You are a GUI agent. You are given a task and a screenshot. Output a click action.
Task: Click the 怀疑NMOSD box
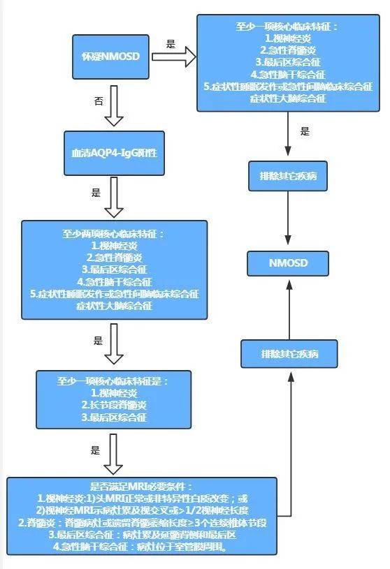[113, 56]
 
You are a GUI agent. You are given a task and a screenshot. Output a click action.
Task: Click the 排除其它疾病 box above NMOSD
[289, 176]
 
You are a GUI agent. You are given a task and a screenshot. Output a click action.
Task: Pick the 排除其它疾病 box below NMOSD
[289, 353]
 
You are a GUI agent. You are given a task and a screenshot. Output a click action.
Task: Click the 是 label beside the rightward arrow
[171, 44]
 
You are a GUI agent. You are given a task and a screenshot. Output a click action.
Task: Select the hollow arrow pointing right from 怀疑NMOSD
[173, 57]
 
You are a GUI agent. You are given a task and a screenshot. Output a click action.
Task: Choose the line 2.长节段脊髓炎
[113, 406]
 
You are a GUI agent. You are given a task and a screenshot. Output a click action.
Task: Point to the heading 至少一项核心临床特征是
[113, 383]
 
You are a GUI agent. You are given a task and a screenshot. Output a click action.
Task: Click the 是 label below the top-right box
[305, 131]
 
